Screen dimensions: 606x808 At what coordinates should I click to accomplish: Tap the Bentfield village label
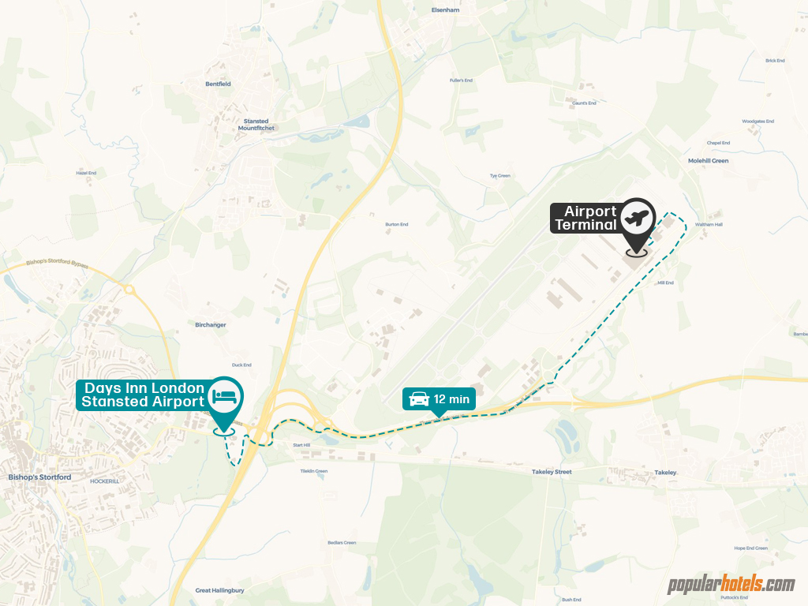(218, 84)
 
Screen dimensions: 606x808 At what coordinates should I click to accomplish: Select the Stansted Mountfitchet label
(256, 125)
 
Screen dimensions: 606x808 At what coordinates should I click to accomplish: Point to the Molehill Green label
(708, 161)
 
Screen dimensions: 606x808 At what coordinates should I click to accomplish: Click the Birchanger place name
(211, 324)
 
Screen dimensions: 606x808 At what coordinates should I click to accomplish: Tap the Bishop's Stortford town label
(39, 477)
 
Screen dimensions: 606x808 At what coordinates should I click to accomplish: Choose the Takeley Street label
(551, 472)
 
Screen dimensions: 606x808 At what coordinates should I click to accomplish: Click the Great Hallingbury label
(219, 590)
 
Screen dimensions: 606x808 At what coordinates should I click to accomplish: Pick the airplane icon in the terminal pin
(637, 215)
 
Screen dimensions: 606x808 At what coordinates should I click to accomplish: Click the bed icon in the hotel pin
(226, 395)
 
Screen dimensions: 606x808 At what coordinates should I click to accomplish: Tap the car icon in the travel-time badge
(418, 399)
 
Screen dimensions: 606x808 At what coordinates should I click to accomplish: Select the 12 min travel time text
(451, 399)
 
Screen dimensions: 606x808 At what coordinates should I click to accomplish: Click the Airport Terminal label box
(585, 219)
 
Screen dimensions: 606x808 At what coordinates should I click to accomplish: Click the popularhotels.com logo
(731, 585)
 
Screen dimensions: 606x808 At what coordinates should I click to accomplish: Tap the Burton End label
(397, 225)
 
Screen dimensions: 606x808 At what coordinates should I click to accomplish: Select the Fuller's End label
(461, 80)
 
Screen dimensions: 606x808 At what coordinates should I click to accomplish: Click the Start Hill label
(303, 446)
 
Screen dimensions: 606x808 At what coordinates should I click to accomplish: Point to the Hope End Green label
(750, 548)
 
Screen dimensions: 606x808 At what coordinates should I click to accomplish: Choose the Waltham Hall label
(709, 225)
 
